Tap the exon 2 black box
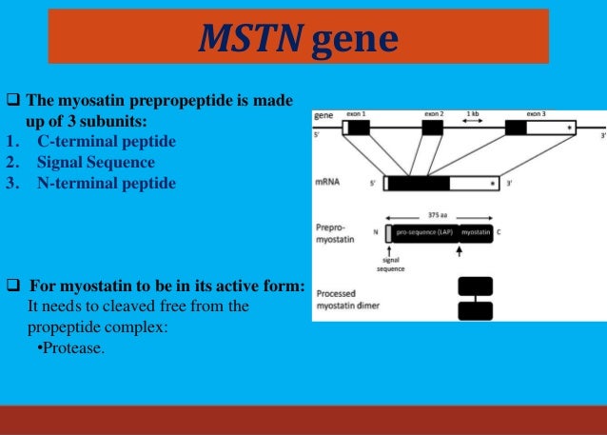(x=433, y=127)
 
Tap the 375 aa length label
(x=440, y=214)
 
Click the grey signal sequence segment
(x=388, y=232)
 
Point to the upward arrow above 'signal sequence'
(x=390, y=249)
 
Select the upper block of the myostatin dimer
(x=476, y=286)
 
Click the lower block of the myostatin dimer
(x=476, y=310)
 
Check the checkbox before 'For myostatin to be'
(x=13, y=286)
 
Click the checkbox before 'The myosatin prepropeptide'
(x=13, y=101)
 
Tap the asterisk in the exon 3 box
(x=569, y=127)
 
